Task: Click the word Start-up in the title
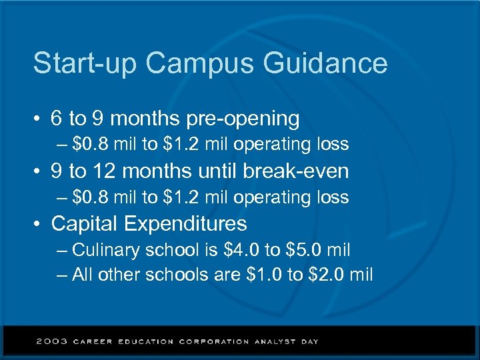[85, 64]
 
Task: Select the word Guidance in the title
[325, 64]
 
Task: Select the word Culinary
[106, 251]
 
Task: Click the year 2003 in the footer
[52, 341]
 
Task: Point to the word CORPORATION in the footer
[214, 341]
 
